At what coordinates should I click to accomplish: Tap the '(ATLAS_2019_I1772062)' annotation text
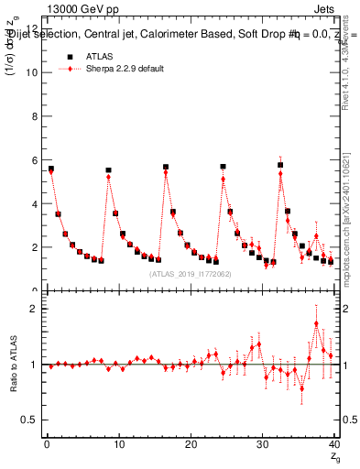(190, 273)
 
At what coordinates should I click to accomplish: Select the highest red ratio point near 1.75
(316, 323)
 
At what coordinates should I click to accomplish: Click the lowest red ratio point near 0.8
(301, 387)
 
